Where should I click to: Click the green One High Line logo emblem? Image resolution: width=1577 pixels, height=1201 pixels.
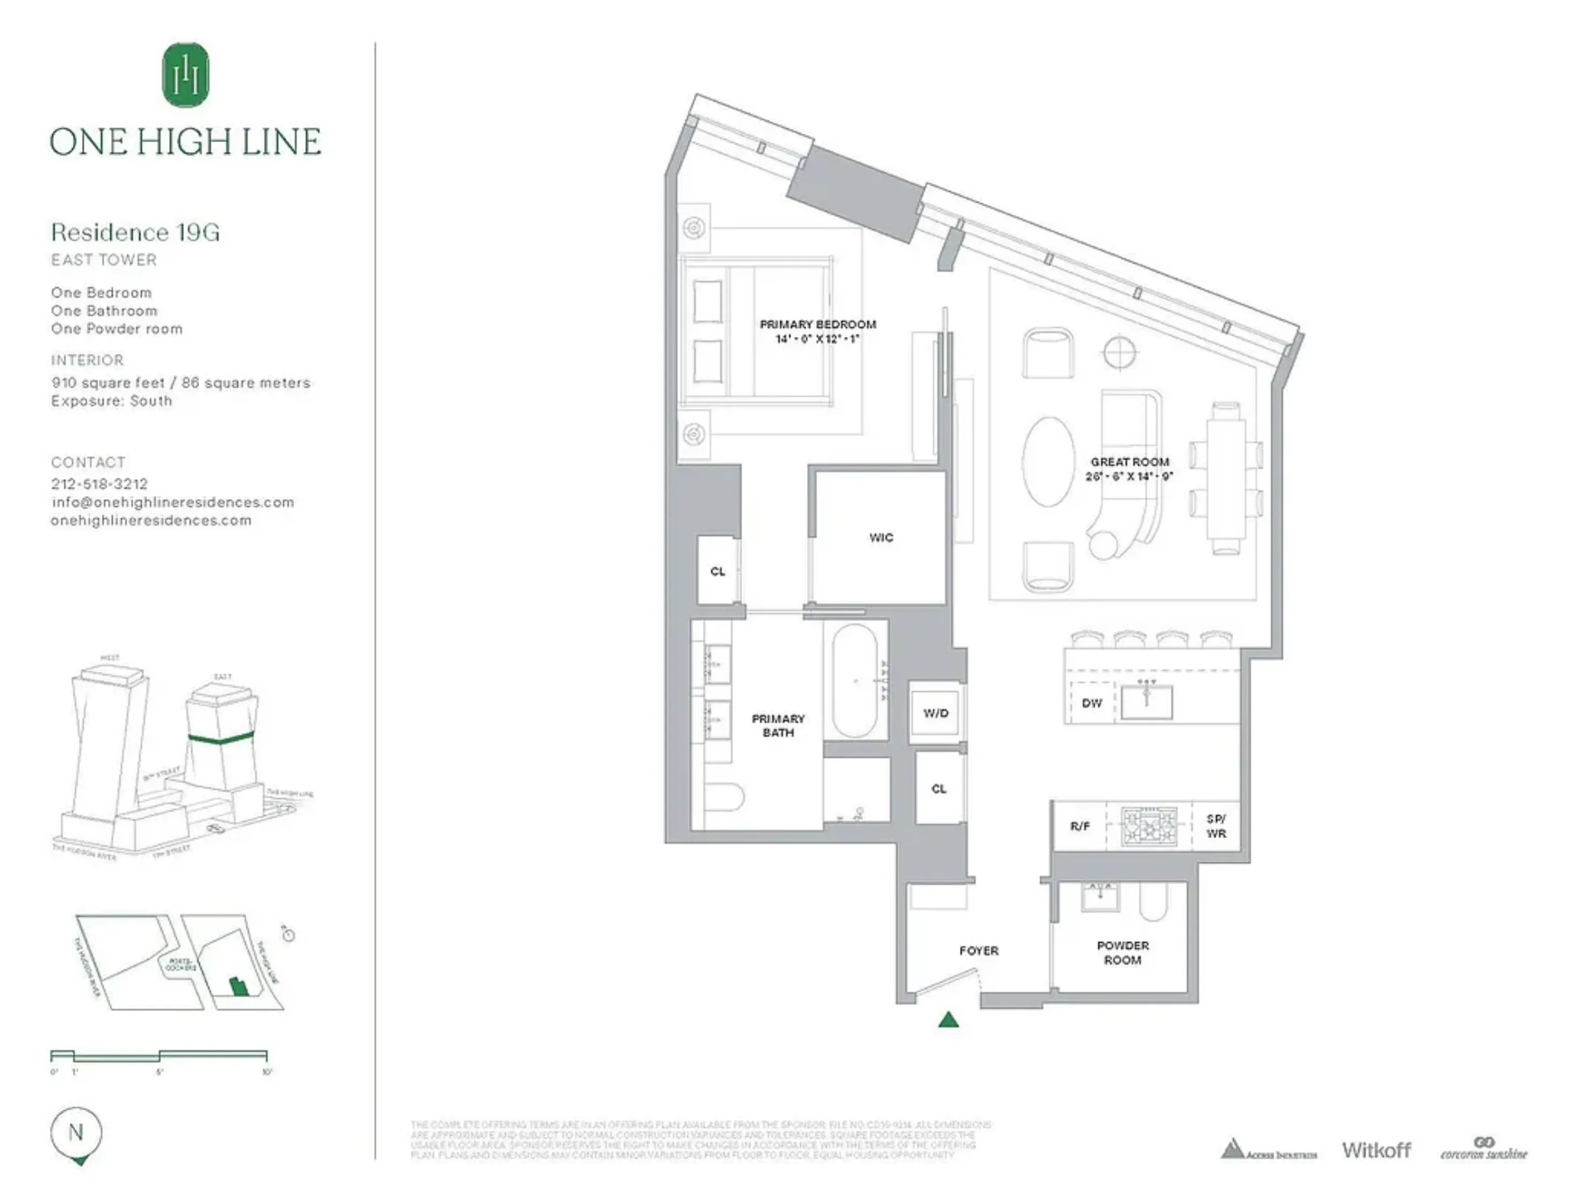[186, 74]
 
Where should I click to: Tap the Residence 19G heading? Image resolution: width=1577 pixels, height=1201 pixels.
[135, 232]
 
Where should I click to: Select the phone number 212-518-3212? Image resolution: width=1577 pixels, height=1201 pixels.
[99, 484]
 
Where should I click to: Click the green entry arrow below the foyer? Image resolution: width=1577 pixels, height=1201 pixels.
[948, 1020]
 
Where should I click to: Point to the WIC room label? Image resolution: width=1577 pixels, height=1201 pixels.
[881, 537]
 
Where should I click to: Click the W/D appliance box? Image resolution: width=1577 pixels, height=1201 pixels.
[935, 713]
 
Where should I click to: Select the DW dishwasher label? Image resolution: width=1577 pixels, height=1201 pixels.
[1091, 703]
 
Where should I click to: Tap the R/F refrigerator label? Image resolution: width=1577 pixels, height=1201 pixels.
[1080, 826]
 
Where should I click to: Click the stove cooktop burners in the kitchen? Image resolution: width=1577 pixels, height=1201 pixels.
[1149, 826]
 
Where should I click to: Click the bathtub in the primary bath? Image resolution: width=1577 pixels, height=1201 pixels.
[854, 681]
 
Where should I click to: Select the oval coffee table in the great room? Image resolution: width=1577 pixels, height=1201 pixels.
[1048, 463]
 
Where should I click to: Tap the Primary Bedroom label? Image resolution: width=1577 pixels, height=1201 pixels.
[818, 325]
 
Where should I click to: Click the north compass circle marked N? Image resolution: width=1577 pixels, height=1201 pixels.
[76, 1133]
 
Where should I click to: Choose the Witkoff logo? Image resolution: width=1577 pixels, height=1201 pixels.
[1376, 1150]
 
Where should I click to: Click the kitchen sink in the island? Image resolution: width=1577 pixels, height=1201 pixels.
[1147, 702]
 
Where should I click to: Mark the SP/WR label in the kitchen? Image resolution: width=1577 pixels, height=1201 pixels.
[1216, 826]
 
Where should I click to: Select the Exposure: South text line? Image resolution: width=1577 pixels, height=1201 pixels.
[112, 401]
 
